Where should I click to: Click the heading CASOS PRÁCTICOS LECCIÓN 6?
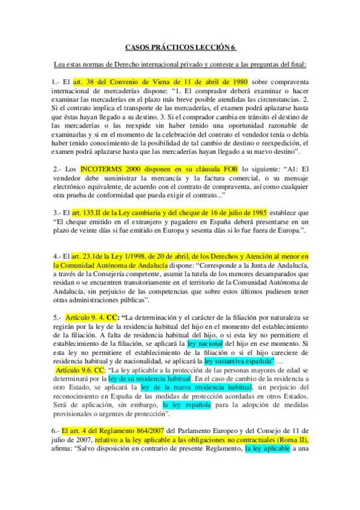click(x=180, y=46)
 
